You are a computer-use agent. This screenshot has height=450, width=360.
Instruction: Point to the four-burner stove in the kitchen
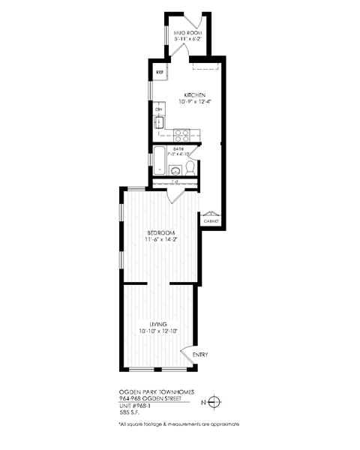(181, 135)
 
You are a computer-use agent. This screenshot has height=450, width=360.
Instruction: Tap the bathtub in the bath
(159, 160)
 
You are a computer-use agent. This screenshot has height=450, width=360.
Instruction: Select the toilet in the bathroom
(191, 167)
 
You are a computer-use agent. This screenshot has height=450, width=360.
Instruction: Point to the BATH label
(178, 149)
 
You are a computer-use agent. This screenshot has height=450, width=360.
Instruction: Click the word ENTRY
(200, 355)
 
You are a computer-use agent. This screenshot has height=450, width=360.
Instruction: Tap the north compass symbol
(214, 401)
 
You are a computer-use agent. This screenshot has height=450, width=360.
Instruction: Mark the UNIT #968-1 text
(138, 405)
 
